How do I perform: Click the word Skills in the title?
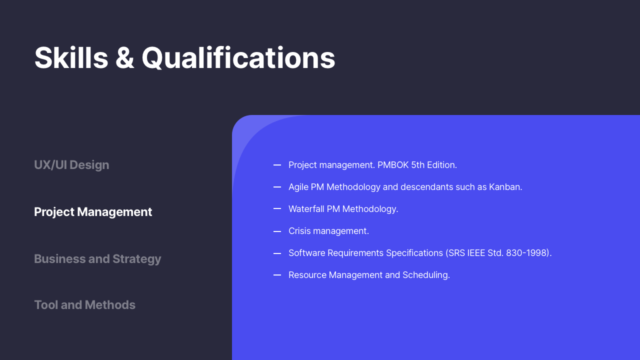(x=71, y=58)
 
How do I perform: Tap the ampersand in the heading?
(x=125, y=58)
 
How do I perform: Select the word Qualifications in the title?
(x=238, y=58)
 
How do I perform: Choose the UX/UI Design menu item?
(x=71, y=165)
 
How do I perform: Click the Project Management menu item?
(x=93, y=212)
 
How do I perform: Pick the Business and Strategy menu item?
(x=97, y=259)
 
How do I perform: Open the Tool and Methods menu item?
(x=84, y=305)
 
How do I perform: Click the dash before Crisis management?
(x=277, y=231)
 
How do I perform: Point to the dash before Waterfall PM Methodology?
(x=277, y=209)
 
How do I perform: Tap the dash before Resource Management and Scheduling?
(x=277, y=275)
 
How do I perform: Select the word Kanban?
(x=505, y=187)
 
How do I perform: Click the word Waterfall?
(x=306, y=209)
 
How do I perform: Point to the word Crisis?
(x=299, y=231)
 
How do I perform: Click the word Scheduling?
(x=426, y=275)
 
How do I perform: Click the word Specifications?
(x=414, y=253)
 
